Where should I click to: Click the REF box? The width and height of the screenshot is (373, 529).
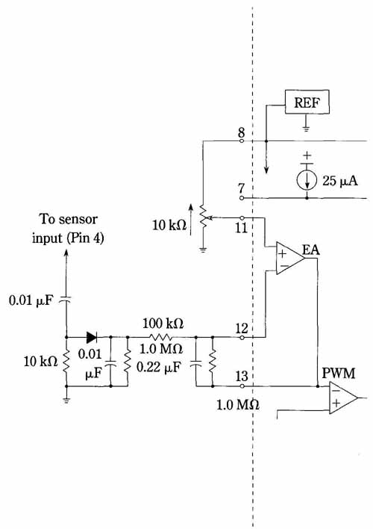click(307, 102)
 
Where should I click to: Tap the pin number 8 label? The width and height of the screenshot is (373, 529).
click(241, 132)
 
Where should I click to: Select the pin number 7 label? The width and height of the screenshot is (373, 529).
click(241, 188)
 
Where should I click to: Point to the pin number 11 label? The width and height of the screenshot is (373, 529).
click(241, 228)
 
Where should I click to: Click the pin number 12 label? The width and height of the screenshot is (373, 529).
click(241, 328)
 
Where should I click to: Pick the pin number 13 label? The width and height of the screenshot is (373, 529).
click(241, 376)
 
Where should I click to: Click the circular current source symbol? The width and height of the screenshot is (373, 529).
click(307, 180)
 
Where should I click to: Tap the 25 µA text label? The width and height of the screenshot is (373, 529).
click(340, 181)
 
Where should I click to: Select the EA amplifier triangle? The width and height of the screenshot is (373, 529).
click(290, 258)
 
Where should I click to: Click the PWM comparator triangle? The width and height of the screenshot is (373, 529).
click(343, 397)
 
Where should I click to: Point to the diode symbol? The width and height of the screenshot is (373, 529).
click(92, 337)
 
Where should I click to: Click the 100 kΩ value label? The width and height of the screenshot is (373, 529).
click(163, 324)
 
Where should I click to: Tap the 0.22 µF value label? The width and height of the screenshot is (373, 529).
click(159, 367)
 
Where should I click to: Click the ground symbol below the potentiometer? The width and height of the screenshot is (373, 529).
click(203, 250)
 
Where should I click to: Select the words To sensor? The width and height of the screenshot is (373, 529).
click(69, 219)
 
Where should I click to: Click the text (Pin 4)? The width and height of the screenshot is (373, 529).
click(86, 238)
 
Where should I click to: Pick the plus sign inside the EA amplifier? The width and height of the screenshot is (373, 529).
click(283, 253)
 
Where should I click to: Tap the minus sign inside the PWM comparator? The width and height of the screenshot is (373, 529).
click(335, 391)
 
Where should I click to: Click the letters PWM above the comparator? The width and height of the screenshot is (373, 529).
click(339, 374)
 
